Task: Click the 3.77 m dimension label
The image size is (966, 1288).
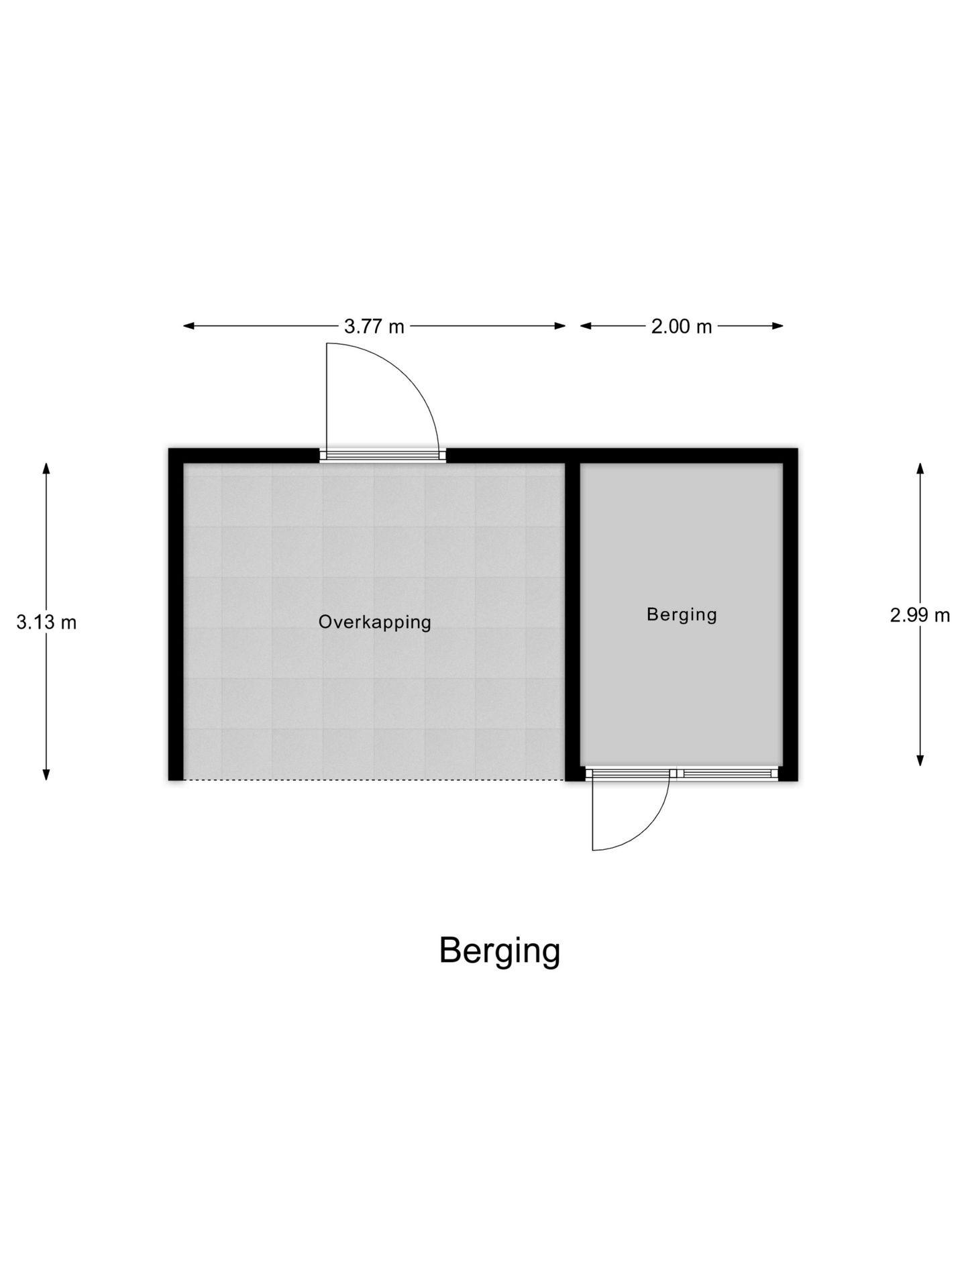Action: click(374, 327)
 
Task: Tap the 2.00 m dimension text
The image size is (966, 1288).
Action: click(682, 327)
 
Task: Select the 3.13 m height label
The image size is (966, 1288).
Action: click(46, 623)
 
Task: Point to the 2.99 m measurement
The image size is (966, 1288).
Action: click(920, 615)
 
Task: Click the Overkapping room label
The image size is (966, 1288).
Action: click(374, 623)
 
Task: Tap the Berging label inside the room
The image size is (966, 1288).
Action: click(682, 614)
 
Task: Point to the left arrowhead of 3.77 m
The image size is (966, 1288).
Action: click(189, 326)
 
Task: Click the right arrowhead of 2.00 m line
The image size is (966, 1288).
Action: click(777, 326)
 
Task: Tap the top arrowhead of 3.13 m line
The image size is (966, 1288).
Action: click(46, 469)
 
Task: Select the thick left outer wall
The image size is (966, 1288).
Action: click(176, 614)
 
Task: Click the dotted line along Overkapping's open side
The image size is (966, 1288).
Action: click(374, 780)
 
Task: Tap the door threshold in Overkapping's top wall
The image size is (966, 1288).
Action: click(382, 455)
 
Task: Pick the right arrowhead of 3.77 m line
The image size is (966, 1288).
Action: click(559, 326)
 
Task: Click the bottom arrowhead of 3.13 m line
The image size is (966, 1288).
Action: click(46, 774)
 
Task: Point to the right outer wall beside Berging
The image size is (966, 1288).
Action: click(790, 614)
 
